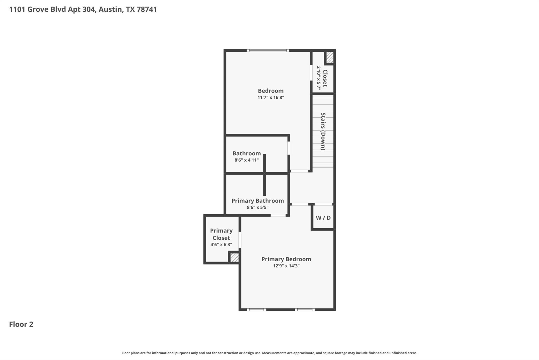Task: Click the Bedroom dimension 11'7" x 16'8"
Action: click(271, 98)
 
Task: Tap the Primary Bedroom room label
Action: click(286, 259)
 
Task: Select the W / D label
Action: click(323, 218)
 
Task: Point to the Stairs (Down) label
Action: click(323, 131)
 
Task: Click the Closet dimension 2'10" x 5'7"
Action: click(319, 78)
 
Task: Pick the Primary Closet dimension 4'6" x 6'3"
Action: click(221, 245)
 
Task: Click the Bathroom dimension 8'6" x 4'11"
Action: click(246, 160)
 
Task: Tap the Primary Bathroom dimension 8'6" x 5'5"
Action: click(257, 208)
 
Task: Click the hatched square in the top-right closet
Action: click(330, 57)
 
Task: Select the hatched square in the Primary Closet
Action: click(234, 257)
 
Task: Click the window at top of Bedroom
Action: click(268, 50)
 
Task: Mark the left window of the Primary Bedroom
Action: click(256, 310)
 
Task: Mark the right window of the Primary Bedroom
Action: click(305, 310)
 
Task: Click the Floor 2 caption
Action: click(21, 324)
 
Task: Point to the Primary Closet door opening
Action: click(240, 240)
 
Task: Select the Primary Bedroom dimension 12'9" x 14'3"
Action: click(286, 266)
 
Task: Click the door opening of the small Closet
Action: click(311, 73)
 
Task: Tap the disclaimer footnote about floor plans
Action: click(269, 353)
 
